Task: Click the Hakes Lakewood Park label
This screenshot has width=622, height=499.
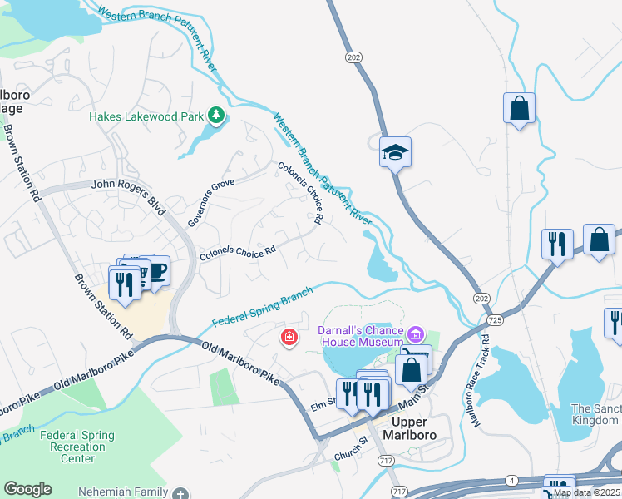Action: tap(146, 117)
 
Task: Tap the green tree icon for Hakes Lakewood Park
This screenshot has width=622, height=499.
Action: tap(216, 115)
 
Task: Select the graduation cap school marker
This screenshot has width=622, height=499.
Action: tap(396, 151)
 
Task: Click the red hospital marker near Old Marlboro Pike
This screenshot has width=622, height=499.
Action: tap(288, 338)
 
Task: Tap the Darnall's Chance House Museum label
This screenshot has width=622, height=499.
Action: tap(361, 335)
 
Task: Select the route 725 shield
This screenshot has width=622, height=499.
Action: tap(496, 320)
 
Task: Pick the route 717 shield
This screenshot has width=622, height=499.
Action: tap(386, 460)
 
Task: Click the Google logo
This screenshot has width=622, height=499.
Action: tap(27, 489)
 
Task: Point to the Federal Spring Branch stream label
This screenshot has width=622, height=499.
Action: tap(262, 307)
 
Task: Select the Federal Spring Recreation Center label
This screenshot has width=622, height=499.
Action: tap(79, 447)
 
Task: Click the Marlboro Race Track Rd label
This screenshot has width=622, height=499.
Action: tap(481, 381)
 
